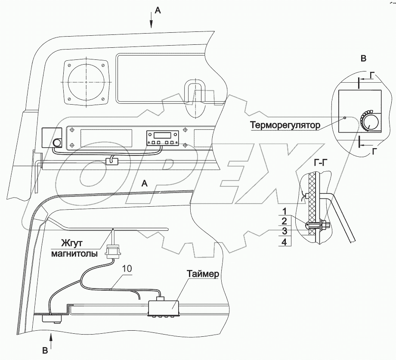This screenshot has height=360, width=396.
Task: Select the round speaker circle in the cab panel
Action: (86, 82)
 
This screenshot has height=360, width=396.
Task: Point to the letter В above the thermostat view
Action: (363, 58)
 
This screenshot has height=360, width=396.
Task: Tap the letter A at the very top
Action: (158, 12)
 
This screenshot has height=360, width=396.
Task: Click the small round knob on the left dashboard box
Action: (56, 143)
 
